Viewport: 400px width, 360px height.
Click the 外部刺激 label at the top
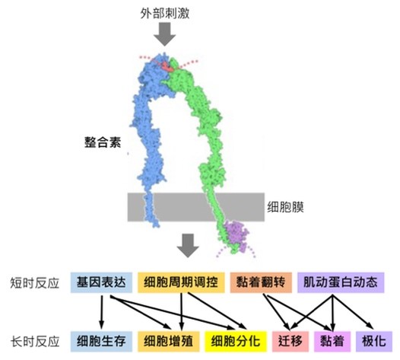point(165,13)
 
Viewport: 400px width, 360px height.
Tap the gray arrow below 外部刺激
point(164,34)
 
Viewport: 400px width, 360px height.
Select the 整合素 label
point(103,142)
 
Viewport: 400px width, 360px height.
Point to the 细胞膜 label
point(285,207)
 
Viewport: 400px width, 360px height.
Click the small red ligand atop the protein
point(167,66)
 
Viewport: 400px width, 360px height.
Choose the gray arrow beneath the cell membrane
point(188,245)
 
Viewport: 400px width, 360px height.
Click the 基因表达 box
point(102,282)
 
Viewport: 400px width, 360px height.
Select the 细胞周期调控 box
point(181,282)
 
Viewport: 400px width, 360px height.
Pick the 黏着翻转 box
point(261,282)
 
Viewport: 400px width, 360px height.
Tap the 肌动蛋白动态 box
point(341,282)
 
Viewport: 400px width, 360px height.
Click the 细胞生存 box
point(102,342)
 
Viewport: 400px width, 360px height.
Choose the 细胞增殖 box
point(168,342)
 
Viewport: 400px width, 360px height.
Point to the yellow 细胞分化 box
point(236,342)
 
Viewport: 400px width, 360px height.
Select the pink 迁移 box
point(290,342)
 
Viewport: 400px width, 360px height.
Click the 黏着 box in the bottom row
point(332,342)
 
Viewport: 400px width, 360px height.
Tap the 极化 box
point(374,342)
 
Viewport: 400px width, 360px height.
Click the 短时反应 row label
point(35,283)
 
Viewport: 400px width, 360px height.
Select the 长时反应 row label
point(35,342)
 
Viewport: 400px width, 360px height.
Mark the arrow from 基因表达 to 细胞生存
point(102,312)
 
